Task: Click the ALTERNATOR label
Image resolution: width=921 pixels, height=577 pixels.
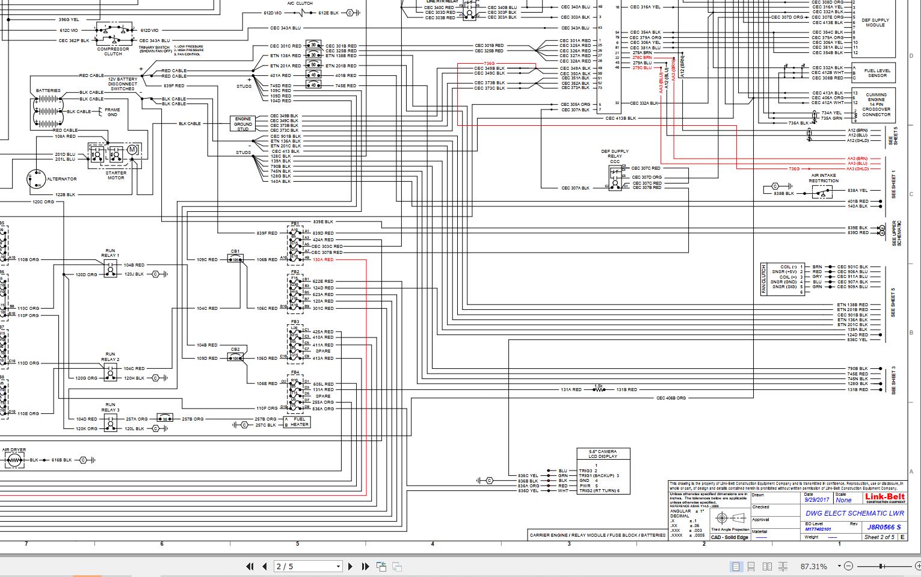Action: pos(62,179)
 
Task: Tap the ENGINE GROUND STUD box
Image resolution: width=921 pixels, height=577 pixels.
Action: pos(242,124)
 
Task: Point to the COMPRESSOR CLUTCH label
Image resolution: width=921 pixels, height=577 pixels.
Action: pos(113,51)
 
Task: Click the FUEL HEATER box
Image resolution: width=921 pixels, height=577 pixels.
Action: pos(299,422)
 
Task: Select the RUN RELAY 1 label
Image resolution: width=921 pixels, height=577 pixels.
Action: pos(110,253)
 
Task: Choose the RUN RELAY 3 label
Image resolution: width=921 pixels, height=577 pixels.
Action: pos(110,407)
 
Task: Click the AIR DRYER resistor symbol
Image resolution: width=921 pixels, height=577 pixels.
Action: pos(14,460)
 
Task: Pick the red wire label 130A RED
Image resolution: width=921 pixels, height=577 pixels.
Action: pos(323,259)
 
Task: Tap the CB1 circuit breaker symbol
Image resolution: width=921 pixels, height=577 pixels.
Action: pos(235,259)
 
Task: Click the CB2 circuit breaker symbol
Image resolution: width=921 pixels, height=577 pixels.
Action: pos(235,358)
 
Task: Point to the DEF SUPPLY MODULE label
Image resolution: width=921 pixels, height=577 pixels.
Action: pos(875,22)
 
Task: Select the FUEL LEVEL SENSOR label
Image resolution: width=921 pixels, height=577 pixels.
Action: pos(876,73)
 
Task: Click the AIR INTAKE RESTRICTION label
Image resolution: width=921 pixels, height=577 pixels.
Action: pos(824,178)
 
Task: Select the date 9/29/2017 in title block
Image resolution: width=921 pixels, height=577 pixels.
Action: pos(817,500)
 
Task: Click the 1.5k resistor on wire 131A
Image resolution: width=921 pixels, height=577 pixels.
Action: pos(599,390)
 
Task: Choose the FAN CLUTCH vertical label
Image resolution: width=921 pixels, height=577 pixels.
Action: pos(764,279)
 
